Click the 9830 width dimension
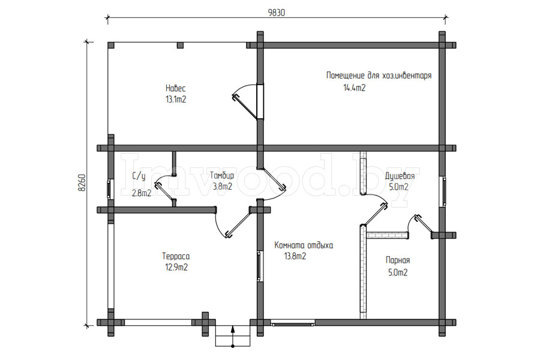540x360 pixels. click(x=276, y=13)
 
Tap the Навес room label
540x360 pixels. click(x=175, y=88)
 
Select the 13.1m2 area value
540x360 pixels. click(x=176, y=100)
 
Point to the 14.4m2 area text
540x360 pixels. click(x=355, y=88)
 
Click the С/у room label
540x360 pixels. click(x=139, y=176)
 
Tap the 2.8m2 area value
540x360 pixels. click(x=142, y=193)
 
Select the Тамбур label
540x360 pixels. click(x=222, y=175)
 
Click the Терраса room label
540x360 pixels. click(x=176, y=256)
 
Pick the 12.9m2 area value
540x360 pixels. click(x=176, y=268)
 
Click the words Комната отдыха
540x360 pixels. click(x=304, y=245)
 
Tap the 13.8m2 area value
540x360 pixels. click(x=295, y=256)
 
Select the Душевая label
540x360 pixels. click(x=400, y=176)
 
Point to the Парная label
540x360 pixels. click(x=398, y=260)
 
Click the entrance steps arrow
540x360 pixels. click(x=233, y=336)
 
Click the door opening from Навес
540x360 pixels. click(x=245, y=101)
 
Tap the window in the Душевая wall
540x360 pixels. click(x=443, y=192)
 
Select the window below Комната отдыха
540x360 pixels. click(x=292, y=323)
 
